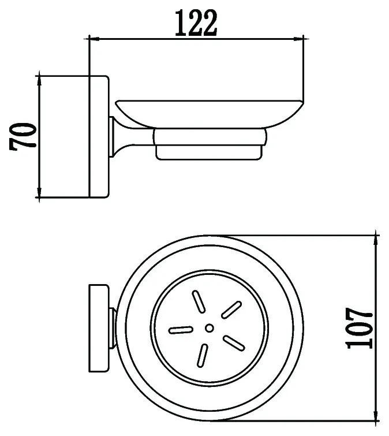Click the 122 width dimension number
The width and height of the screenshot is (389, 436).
pos(196,23)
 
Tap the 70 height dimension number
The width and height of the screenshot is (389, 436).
pos(23,136)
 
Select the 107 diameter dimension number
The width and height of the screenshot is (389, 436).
pos(359,328)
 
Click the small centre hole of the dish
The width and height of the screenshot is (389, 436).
pos(210,328)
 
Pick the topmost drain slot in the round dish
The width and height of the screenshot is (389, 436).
pos(199,301)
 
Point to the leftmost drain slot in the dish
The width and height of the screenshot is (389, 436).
pos(181,330)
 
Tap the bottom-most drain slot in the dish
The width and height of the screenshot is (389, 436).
pos(202,356)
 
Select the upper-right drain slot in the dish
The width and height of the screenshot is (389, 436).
pos(231,310)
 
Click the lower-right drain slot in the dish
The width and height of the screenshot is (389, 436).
pos(234,343)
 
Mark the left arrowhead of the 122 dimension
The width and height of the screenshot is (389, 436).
pos(93,39)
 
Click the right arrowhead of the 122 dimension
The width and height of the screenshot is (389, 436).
pos(298,39)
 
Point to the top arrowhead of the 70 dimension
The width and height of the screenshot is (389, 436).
pos(39,81)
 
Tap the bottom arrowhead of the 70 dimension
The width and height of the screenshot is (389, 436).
pos(39,192)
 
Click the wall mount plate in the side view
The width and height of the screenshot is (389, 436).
pos(99,137)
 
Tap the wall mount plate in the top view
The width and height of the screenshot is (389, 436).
pos(99,328)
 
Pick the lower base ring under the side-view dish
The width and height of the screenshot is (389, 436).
pos(210,152)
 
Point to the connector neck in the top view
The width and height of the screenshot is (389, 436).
pos(113,328)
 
